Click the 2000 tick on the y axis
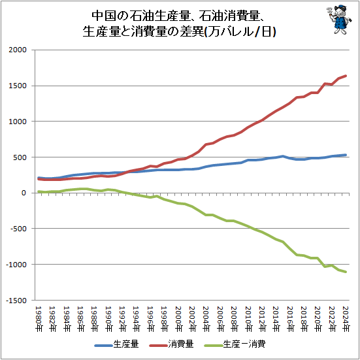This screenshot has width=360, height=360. pos(18,50)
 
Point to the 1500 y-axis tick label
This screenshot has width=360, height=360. pos(18,86)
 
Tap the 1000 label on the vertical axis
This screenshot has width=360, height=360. pos(18,122)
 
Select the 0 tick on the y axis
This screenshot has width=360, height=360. pos(25,193)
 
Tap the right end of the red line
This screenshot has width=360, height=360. pos(346,76)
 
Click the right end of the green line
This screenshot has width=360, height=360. pos(346,272)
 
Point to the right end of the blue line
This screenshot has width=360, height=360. pos(346,155)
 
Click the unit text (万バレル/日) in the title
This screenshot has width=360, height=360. pos(240,31)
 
